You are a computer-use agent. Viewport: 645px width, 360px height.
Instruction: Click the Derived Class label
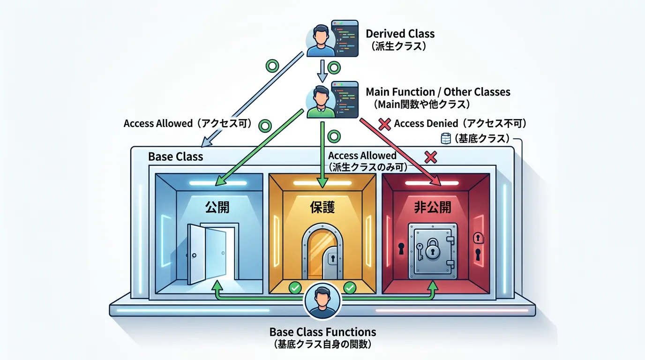click(x=400, y=34)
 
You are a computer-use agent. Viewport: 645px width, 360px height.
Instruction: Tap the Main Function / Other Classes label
click(x=438, y=91)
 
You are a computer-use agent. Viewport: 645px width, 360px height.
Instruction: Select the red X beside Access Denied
click(x=384, y=124)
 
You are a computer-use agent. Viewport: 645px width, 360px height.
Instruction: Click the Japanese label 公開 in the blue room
click(x=217, y=207)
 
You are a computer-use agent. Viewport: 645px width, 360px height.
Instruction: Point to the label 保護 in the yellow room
click(x=322, y=207)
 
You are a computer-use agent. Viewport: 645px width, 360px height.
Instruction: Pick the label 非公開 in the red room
click(x=433, y=207)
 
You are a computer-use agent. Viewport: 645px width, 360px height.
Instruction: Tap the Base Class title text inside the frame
click(x=175, y=157)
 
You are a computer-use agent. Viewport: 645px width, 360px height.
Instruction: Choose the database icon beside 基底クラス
click(x=446, y=138)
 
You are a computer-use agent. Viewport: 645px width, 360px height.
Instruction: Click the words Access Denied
click(x=426, y=124)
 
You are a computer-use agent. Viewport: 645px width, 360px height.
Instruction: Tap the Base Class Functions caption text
click(x=322, y=332)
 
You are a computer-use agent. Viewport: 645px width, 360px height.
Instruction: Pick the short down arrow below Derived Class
click(x=322, y=70)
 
